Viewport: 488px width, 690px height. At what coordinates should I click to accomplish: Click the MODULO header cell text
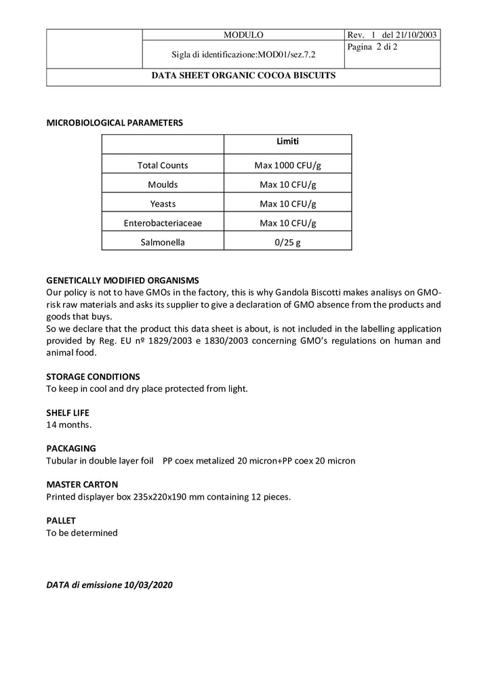pyautogui.click(x=243, y=35)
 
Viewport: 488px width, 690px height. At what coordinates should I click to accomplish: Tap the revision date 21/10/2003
pyautogui.click(x=417, y=35)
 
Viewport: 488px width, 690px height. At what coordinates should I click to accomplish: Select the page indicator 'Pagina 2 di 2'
pyautogui.click(x=372, y=47)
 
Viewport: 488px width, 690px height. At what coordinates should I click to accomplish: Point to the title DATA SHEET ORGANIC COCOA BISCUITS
pyautogui.click(x=243, y=76)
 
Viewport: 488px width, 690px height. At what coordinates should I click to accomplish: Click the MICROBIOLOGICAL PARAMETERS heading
pyautogui.click(x=114, y=123)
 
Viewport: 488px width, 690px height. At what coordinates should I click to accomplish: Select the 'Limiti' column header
pyautogui.click(x=287, y=142)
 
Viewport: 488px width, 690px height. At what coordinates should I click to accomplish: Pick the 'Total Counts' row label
pyautogui.click(x=163, y=165)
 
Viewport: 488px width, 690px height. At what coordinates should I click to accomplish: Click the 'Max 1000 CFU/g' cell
pyautogui.click(x=287, y=165)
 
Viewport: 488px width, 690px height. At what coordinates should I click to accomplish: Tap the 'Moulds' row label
pyautogui.click(x=163, y=184)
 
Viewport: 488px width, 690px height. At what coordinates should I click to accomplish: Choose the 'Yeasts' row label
pyautogui.click(x=163, y=203)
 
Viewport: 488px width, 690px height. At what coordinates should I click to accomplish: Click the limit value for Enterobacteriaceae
pyautogui.click(x=287, y=222)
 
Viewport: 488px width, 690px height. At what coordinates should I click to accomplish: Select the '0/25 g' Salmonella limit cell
pyautogui.click(x=287, y=241)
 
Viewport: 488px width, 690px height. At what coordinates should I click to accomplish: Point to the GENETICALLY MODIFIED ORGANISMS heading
pyautogui.click(x=122, y=280)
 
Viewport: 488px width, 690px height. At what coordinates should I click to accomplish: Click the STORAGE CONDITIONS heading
pyautogui.click(x=93, y=376)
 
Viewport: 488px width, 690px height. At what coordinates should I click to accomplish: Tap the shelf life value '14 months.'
pyautogui.click(x=68, y=424)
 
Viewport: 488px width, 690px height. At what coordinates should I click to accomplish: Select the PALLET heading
pyautogui.click(x=61, y=521)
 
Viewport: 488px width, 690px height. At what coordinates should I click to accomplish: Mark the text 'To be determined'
pyautogui.click(x=81, y=533)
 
